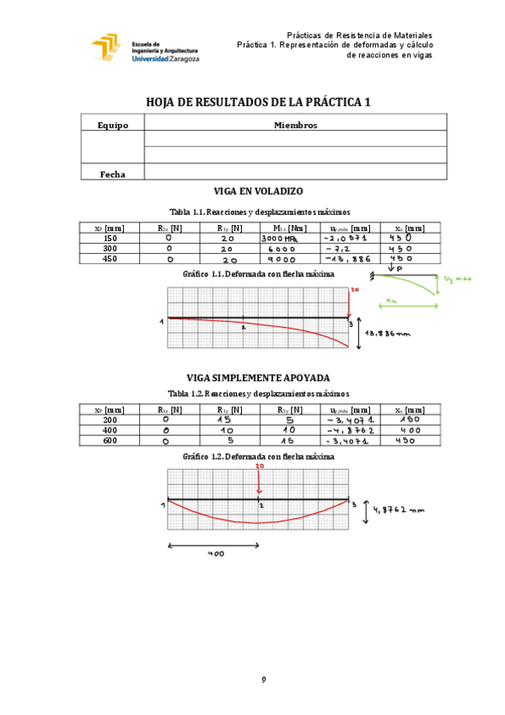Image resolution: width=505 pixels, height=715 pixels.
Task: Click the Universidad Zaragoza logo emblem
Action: point(107,49)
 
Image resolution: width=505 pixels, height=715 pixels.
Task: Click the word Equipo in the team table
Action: point(112,125)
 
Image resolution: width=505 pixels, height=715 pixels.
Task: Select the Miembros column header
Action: point(295,125)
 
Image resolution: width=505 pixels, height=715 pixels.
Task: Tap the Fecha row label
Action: point(112,174)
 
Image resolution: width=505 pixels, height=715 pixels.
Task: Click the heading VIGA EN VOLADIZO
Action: point(260,193)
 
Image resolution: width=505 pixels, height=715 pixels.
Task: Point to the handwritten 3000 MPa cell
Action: point(281,239)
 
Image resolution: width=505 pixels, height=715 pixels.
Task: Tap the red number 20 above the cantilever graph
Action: point(354,289)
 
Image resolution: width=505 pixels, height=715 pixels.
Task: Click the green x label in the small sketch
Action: point(392,298)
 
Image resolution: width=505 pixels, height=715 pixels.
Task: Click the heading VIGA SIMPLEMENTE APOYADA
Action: point(258,378)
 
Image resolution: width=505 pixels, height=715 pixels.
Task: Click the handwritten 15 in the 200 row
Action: point(223,418)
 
